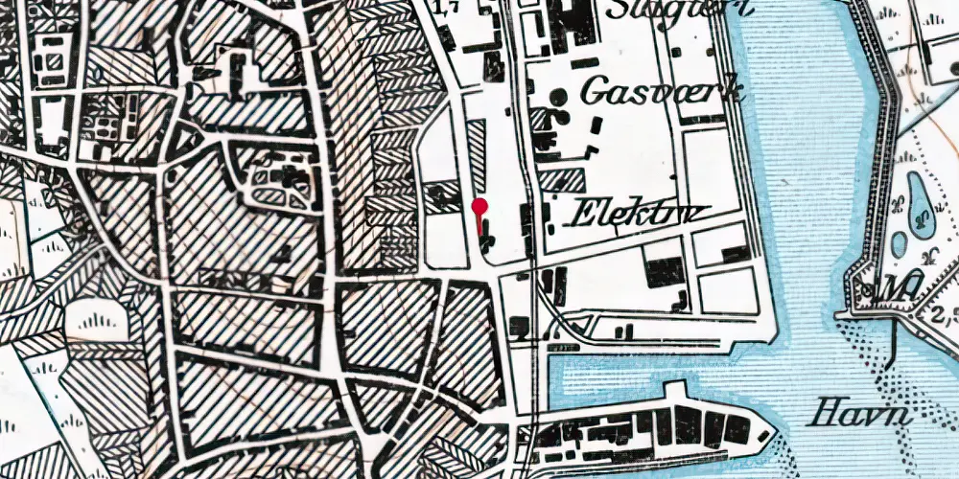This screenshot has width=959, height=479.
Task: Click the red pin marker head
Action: coord(479,204)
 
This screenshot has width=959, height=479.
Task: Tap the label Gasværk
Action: coord(664,93)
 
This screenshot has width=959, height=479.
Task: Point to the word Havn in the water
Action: coord(859,415)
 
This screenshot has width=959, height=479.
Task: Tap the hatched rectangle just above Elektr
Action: coord(561,179)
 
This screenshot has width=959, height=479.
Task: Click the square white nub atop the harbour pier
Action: coord(677,393)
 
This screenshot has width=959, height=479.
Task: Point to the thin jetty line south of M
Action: coord(893,340)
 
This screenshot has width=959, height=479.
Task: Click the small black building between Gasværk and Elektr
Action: coord(596,125)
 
